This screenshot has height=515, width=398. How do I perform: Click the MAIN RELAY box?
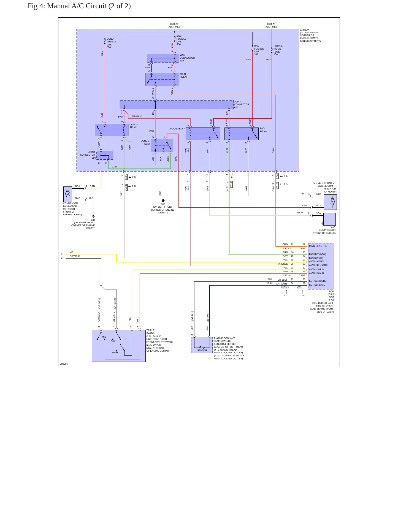click(x=162, y=80)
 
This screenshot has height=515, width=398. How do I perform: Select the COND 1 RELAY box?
click(x=112, y=130)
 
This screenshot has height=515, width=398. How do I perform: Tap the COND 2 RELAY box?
click(x=162, y=145)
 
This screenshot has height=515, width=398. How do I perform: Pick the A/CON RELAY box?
click(x=203, y=134)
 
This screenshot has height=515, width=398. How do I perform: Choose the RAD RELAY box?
click(x=242, y=134)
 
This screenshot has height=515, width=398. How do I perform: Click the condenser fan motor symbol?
click(x=68, y=194)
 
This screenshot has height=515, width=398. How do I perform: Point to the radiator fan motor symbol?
click(x=330, y=202)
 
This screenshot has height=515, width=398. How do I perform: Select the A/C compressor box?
click(x=329, y=219)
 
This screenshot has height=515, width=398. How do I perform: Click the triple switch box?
click(x=119, y=346)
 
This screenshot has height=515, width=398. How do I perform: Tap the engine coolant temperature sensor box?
click(x=202, y=345)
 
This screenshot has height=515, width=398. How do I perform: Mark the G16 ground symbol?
click(x=93, y=216)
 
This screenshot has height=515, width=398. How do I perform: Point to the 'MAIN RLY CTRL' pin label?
click(x=318, y=246)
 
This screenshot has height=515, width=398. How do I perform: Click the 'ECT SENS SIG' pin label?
click(x=317, y=285)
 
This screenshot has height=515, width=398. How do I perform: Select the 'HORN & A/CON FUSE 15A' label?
click(x=278, y=50)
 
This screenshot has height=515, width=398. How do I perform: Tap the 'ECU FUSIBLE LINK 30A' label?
click(x=181, y=40)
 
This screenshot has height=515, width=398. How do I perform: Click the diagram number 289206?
click(x=64, y=364)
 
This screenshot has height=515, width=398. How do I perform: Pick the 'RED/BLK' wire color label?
click(x=137, y=116)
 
